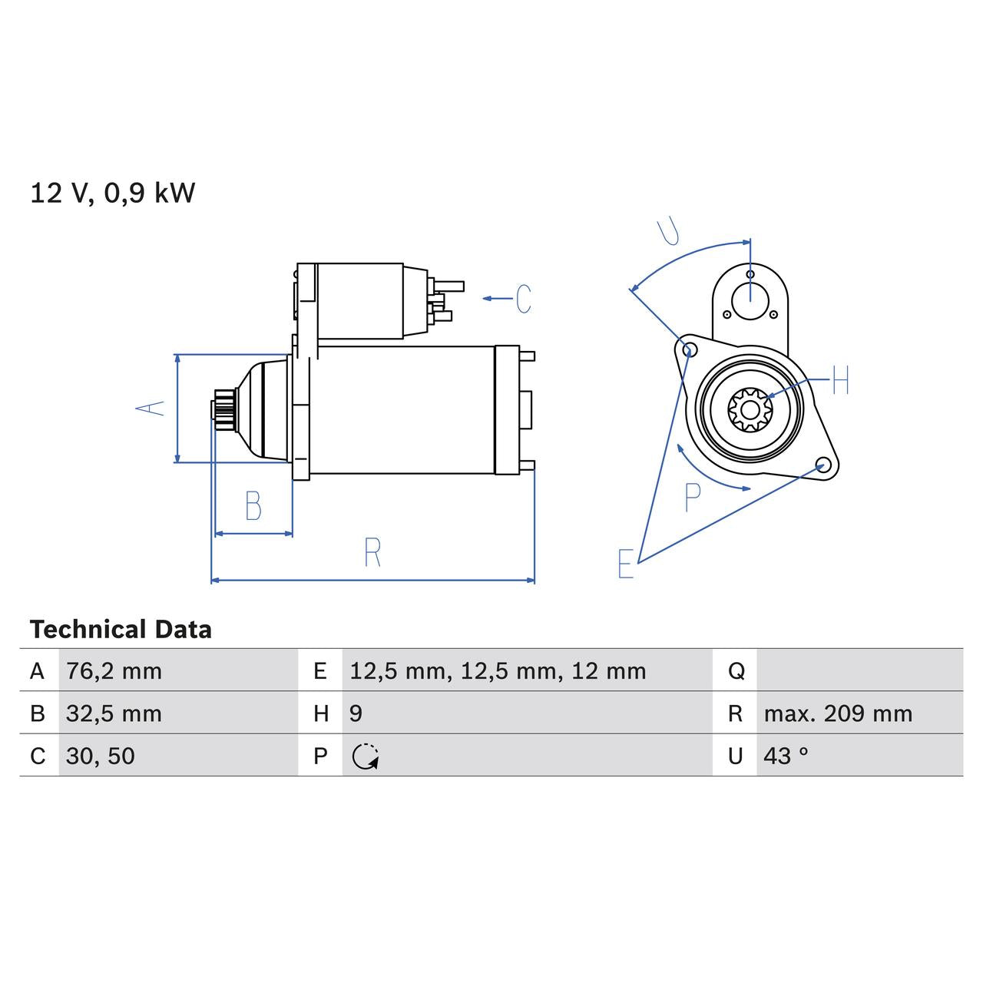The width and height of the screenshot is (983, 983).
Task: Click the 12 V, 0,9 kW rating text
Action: [112, 193]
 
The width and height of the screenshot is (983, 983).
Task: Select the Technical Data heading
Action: [121, 630]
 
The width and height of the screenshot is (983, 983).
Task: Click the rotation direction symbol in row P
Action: [365, 756]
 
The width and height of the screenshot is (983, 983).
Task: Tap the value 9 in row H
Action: [356, 713]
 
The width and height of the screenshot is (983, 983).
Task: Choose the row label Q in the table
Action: [735, 671]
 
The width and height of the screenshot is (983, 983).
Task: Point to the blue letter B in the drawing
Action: [253, 506]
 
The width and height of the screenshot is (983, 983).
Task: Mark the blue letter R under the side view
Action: [372, 553]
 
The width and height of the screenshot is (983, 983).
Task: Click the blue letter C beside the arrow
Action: [524, 299]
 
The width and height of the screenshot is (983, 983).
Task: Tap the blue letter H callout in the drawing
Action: [840, 380]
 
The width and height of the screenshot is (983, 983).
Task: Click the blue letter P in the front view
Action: [693, 498]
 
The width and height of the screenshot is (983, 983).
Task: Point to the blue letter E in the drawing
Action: [626, 564]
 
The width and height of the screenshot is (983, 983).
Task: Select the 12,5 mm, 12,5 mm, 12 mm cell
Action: [498, 671]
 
